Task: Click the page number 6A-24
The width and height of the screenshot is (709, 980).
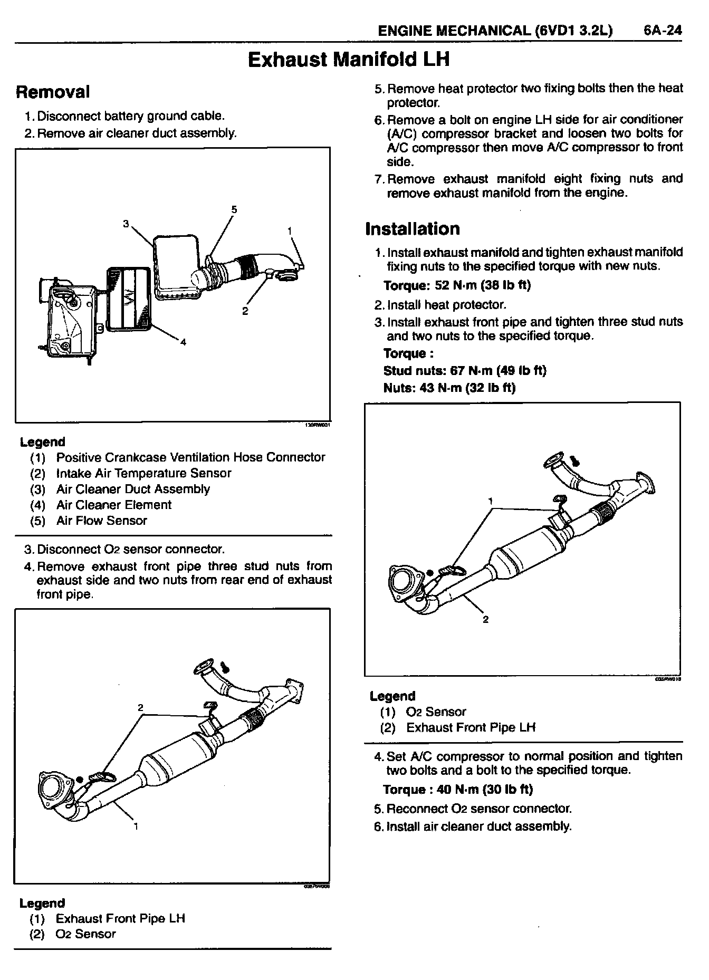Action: [x=663, y=31]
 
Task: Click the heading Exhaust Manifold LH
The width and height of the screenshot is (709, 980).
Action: [x=349, y=60]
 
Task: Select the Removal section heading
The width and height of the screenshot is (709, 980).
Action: [x=53, y=92]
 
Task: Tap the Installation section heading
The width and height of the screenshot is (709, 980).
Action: [x=413, y=229]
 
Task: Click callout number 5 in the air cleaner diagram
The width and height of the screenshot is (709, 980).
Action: [x=234, y=209]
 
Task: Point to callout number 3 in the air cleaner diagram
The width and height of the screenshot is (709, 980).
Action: [x=126, y=224]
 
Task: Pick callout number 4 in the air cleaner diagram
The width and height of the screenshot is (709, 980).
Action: [x=183, y=342]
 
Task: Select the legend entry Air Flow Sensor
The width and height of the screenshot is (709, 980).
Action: [x=101, y=521]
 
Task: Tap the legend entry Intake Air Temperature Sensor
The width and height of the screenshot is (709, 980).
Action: [x=143, y=473]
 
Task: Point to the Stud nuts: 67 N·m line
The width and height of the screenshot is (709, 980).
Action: [x=465, y=371]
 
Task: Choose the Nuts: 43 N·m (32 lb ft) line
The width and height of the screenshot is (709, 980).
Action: [x=449, y=388]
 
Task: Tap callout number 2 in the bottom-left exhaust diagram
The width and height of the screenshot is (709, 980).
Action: [x=141, y=707]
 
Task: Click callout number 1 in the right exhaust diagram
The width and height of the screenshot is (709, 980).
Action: [x=491, y=501]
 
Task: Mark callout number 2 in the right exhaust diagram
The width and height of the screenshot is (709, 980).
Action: [x=485, y=619]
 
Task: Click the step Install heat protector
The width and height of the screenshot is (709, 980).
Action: [x=446, y=305]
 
